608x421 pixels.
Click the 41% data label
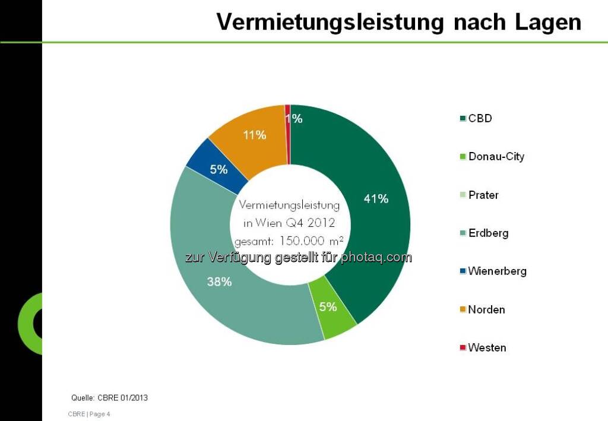[x=376, y=199]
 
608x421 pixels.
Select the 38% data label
[x=219, y=282]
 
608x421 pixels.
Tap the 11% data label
[x=254, y=135]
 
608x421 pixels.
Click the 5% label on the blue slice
[x=218, y=170]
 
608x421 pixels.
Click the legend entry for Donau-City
[x=496, y=157]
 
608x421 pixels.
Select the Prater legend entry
[x=483, y=195]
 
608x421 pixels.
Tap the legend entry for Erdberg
[x=488, y=233]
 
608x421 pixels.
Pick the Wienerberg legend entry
[x=497, y=271]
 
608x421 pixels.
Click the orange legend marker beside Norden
[x=463, y=310]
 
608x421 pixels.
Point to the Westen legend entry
[x=487, y=348]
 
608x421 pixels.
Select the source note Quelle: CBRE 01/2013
[x=109, y=398]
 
